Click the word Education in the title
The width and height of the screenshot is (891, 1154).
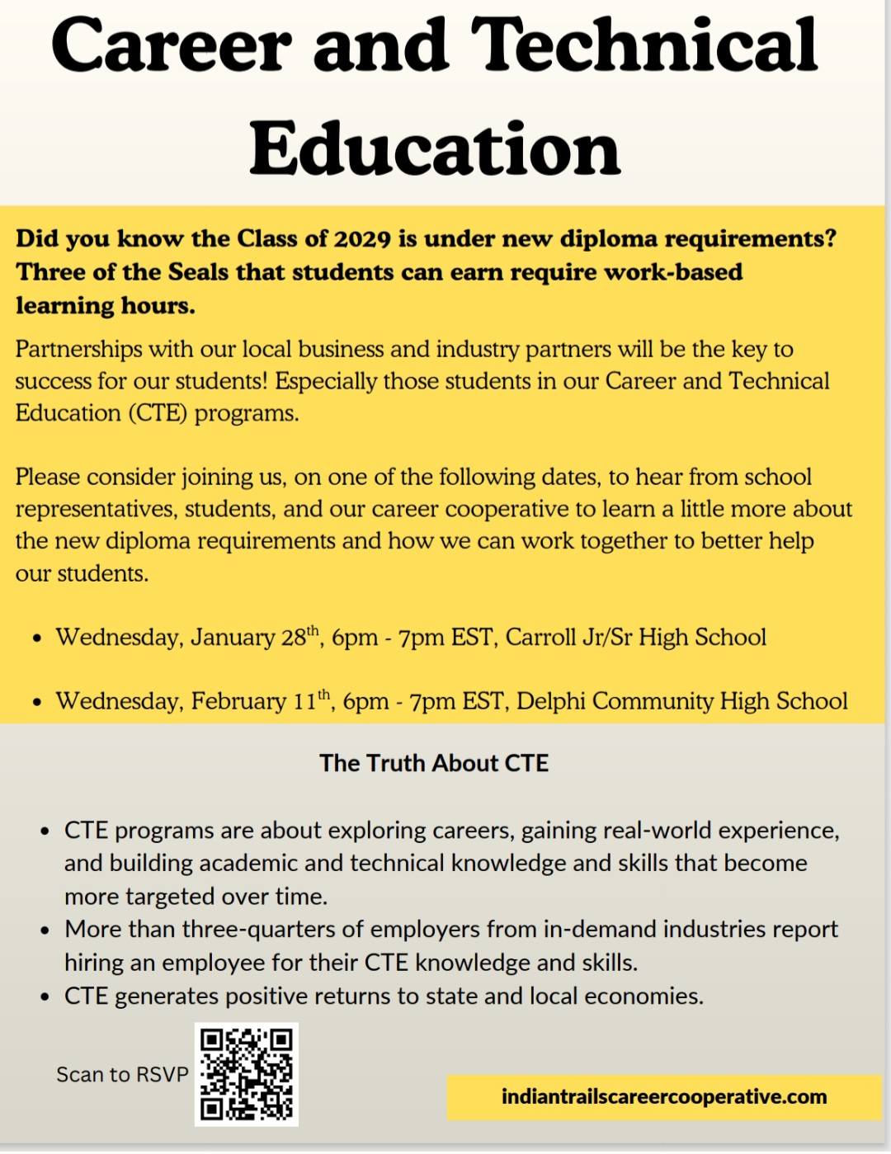point(435,148)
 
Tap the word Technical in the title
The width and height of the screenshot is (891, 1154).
point(644,45)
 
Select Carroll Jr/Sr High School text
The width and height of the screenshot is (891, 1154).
point(635,637)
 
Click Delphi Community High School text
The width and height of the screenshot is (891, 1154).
point(681,701)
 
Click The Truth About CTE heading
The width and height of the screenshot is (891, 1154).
point(434,763)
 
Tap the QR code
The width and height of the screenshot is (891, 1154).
point(246,1074)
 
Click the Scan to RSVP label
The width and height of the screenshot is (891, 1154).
point(122,1074)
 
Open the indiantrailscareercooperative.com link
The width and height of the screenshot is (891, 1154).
point(664,1097)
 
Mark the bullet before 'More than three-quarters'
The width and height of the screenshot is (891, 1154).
point(45,930)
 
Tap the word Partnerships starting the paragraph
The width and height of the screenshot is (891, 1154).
point(78,349)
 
